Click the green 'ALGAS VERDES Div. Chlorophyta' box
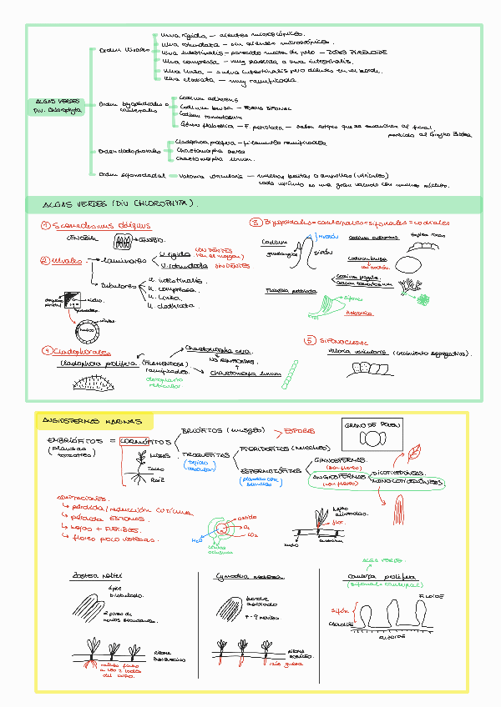(x=55, y=104)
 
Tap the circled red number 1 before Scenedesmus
(x=46, y=226)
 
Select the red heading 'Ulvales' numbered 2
(x=65, y=261)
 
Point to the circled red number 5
(x=310, y=340)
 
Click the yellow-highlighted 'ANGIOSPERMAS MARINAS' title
(x=91, y=424)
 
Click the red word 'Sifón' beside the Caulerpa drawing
(x=335, y=610)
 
